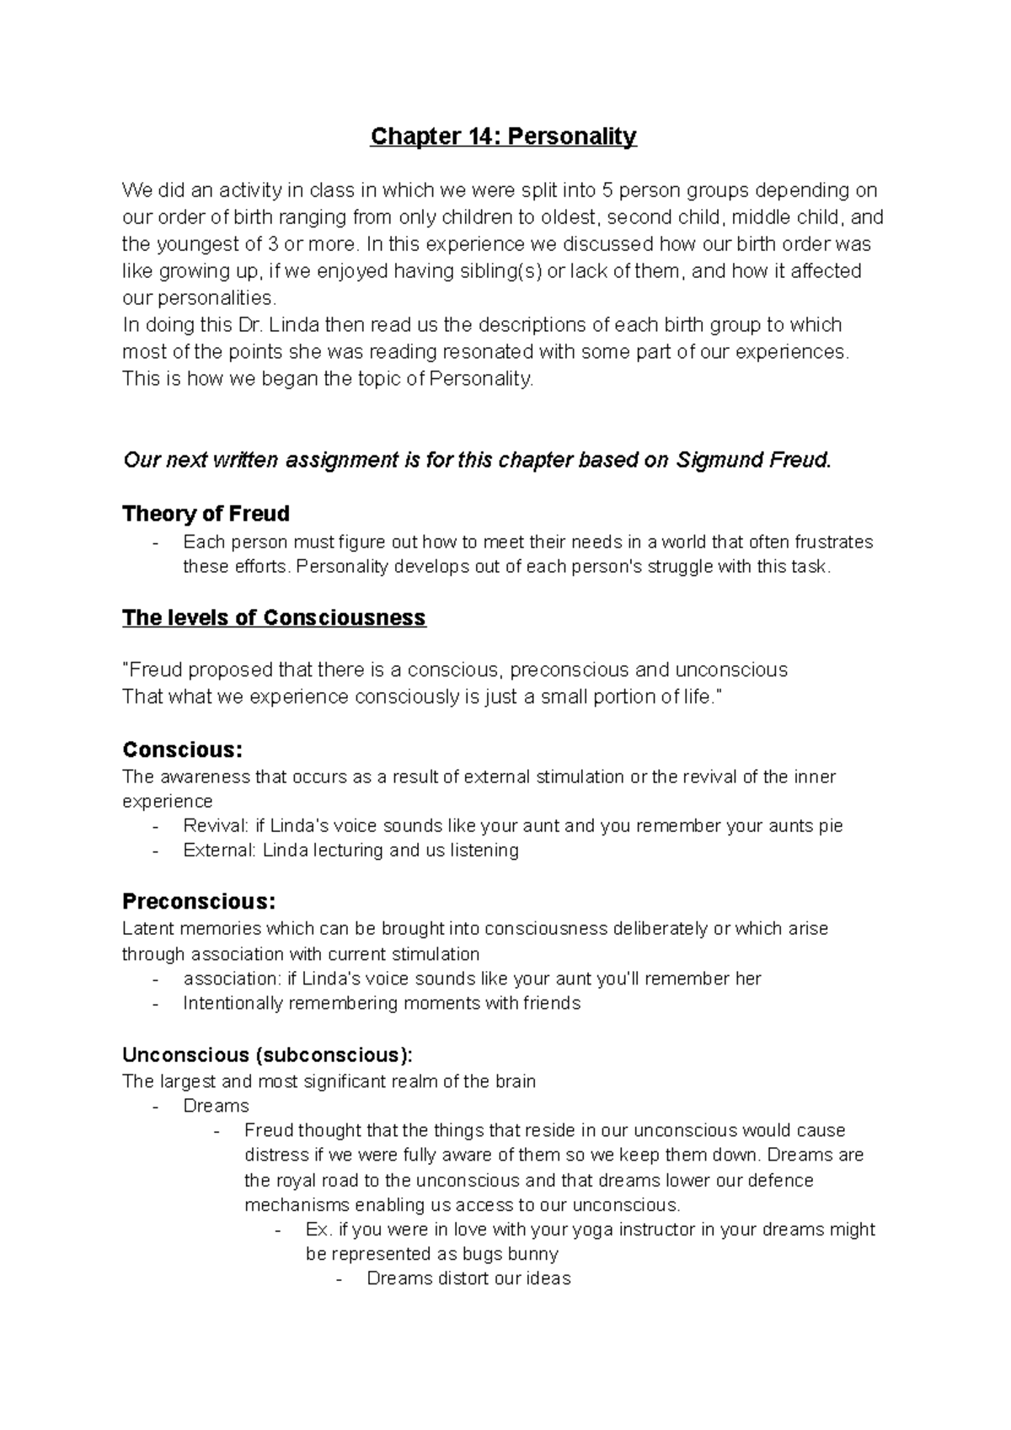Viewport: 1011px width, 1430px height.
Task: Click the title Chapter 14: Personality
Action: coord(503,136)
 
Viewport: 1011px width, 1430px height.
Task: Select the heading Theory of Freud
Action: coord(206,514)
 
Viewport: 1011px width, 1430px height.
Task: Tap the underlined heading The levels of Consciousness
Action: coord(274,618)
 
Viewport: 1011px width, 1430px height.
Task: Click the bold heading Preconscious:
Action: coord(199,902)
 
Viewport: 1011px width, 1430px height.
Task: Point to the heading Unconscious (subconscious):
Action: coord(268,1055)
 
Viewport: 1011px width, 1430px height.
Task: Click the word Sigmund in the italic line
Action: coord(716,461)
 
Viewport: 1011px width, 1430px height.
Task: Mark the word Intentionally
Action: coord(233,1004)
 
